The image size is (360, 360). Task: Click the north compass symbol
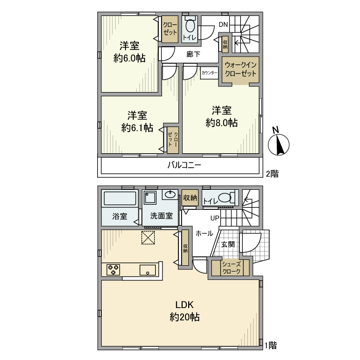pos(279,145)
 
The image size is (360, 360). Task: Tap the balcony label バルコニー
pos(184,165)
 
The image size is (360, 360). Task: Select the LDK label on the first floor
pos(184,305)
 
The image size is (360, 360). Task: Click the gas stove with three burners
pos(113,269)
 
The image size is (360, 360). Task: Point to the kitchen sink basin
pos(148,270)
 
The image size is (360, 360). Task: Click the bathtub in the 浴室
pos(120,199)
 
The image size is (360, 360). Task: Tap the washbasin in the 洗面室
pos(170,195)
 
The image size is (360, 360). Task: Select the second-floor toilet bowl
pos(190,26)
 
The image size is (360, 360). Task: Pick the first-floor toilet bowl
pos(225,197)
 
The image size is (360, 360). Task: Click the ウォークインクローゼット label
pos(240,69)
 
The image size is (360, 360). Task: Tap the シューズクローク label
pos(231,267)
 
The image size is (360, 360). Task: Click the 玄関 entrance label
pos(228,244)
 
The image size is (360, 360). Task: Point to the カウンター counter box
pos(209,73)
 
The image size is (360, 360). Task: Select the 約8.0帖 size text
pos(222,123)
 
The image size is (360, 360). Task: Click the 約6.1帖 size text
pos(137,128)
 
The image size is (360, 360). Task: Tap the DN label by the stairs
pos(223,24)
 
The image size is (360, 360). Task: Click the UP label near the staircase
pos(215,218)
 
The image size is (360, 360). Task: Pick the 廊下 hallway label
pos(193,55)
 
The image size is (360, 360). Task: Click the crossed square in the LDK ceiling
pos(148,238)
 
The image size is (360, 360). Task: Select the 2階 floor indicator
pos(272,174)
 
